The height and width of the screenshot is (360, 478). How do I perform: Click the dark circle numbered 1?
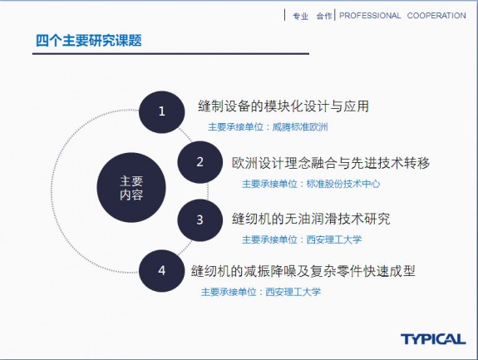162,112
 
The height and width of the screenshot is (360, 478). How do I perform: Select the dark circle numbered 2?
200,162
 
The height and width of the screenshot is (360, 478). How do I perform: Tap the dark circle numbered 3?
200,220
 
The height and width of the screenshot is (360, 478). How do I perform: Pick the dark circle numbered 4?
162,271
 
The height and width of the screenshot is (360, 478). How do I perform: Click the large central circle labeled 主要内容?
131,187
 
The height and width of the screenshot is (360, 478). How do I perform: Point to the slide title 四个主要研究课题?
89,41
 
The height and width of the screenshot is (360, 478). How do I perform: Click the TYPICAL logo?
433,339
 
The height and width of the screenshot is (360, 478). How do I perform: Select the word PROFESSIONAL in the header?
370,16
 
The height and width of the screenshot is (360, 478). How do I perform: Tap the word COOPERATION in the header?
436,16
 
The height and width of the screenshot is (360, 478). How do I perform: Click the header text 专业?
301,16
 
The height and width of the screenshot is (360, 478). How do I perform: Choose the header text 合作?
324,16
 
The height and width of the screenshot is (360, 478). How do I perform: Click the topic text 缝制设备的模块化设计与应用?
283,106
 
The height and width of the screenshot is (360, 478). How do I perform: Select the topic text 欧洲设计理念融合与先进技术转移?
331,163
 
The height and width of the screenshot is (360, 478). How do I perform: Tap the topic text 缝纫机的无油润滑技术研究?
311,219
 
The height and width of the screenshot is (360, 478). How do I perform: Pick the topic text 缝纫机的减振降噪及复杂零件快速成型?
303,271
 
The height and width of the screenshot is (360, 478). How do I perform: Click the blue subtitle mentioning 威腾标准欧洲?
268,127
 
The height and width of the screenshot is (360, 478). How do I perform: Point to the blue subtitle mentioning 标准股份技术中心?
311,184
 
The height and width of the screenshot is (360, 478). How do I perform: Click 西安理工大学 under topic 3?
334,239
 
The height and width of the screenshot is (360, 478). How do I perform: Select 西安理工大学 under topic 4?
293,292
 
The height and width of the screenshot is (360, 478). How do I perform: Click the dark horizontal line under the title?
170,54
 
